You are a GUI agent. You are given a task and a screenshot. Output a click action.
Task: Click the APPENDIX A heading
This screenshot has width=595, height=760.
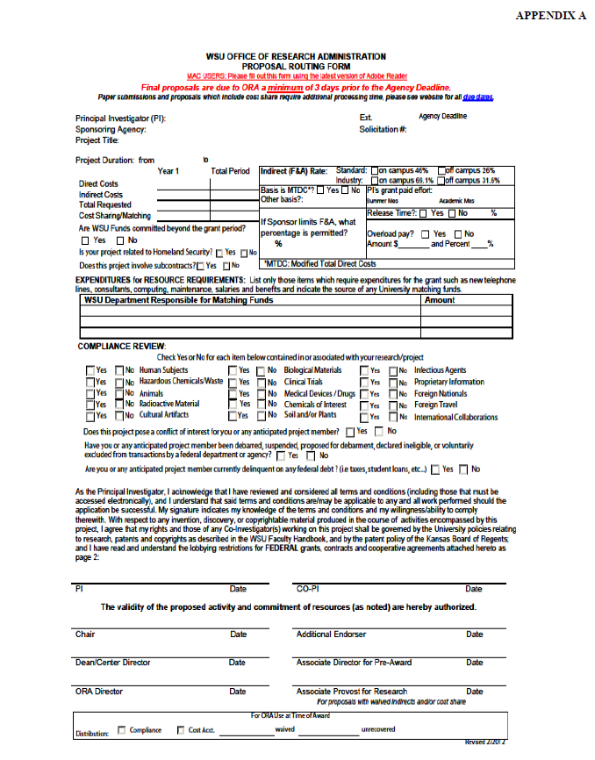(x=550, y=16)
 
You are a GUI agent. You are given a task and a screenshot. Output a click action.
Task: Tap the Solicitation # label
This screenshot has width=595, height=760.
(x=383, y=129)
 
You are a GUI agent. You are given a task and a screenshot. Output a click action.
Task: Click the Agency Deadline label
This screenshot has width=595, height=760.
(x=442, y=117)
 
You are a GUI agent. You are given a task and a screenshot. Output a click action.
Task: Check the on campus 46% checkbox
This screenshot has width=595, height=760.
(x=376, y=170)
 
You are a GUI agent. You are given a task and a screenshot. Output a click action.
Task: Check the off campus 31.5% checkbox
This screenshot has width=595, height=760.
(x=442, y=181)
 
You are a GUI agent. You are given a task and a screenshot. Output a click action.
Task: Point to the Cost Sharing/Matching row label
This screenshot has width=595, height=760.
(x=114, y=215)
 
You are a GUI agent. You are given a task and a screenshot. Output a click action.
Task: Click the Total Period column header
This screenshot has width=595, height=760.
(x=231, y=172)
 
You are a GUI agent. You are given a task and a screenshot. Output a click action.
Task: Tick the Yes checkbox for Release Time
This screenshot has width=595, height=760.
(x=425, y=213)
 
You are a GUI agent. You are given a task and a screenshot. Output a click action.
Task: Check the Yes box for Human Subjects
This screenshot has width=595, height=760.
(x=90, y=370)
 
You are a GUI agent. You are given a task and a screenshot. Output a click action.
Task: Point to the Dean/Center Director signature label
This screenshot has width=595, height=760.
(x=112, y=663)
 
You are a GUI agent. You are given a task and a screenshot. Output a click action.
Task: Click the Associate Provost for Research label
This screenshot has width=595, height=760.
(x=351, y=692)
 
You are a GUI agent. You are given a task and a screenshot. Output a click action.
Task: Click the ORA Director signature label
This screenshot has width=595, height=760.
(x=98, y=692)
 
